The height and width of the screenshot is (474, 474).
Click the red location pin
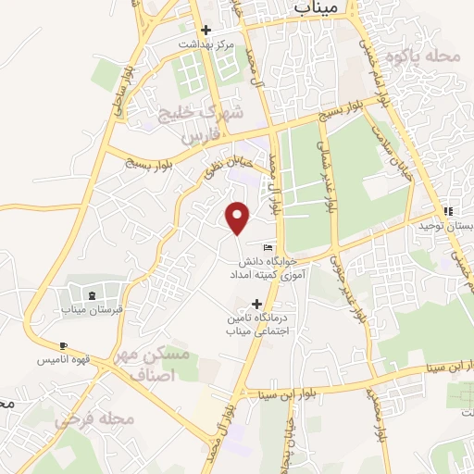pyautogui.click(x=238, y=218)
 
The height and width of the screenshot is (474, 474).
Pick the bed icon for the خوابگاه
pyautogui.click(x=268, y=247)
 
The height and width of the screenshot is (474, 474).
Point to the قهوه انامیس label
pyautogui.click(x=62, y=359)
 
